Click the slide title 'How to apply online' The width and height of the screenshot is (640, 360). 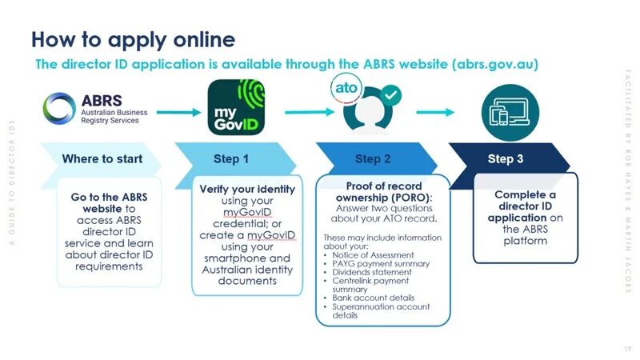coord(133,39)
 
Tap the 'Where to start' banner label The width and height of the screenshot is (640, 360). coord(102,158)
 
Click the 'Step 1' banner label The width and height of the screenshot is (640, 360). coord(231,158)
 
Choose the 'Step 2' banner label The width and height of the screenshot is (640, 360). coord(367,158)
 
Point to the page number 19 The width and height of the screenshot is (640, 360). coord(626,349)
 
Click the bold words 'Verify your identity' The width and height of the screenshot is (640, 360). coord(247,190)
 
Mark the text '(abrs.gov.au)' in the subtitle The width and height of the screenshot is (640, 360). coord(494,64)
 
